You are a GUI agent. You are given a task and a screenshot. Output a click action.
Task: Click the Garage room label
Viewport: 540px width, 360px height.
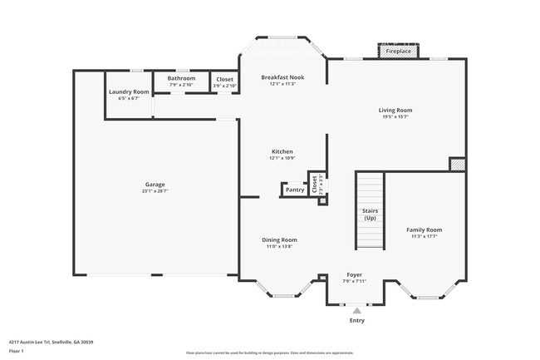coord(155,184)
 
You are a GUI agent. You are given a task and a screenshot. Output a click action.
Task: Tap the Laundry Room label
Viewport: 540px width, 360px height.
coord(129,91)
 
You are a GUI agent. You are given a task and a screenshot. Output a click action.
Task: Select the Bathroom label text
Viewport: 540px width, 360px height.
coord(181,78)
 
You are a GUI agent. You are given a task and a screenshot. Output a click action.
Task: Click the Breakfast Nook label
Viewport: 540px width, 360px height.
coord(282,77)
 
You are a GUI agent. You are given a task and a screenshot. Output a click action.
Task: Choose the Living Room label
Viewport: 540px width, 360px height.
coord(395,110)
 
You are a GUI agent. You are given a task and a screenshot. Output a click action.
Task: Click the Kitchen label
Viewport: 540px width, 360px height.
coord(282,151)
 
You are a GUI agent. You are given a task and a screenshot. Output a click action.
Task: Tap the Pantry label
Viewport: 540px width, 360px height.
coord(295,190)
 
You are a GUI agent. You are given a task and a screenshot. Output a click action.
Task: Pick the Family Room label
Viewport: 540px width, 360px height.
coord(424,229)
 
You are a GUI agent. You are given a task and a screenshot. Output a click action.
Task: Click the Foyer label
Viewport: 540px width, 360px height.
coord(353,274)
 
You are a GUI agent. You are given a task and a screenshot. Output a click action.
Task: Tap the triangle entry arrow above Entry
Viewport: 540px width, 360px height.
coord(357,310)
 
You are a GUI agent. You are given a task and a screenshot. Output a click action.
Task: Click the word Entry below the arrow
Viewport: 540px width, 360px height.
coord(357,320)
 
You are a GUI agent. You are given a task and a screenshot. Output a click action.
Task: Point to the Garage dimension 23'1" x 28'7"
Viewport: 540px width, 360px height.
coord(155,190)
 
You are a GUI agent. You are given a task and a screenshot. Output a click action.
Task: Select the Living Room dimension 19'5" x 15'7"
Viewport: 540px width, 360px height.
coord(395,116)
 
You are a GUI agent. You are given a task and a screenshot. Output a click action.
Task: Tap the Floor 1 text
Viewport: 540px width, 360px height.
coord(17,351)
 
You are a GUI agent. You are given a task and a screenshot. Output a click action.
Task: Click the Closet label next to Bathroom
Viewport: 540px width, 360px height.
coord(224,79)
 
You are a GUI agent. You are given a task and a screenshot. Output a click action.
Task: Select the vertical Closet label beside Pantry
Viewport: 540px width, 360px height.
coord(314,183)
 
